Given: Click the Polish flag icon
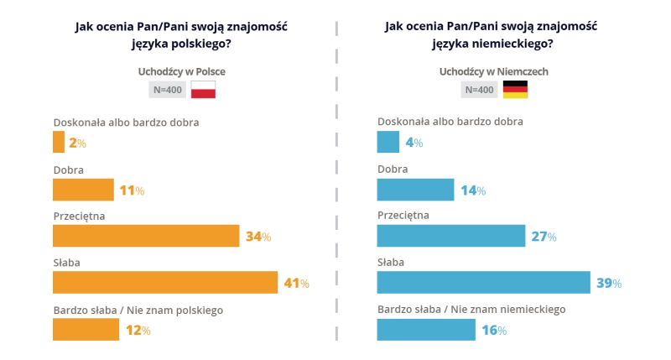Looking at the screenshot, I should pyautogui.click(x=204, y=90).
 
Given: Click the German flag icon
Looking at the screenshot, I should pyautogui.click(x=515, y=90).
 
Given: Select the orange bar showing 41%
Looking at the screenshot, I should pyautogui.click(x=164, y=283).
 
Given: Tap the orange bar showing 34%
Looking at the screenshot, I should pyautogui.click(x=146, y=236).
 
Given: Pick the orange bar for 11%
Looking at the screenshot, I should pyautogui.click(x=83, y=190).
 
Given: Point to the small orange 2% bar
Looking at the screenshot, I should pyautogui.click(x=59, y=143).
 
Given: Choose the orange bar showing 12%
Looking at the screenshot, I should pyautogui.click(x=86, y=330).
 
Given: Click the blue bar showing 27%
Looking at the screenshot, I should pyautogui.click(x=451, y=236).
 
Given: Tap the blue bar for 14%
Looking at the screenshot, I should pyautogui.click(x=415, y=190).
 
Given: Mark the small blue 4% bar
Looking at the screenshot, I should pyautogui.click(x=388, y=143).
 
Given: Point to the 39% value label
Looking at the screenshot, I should pyautogui.click(x=609, y=284).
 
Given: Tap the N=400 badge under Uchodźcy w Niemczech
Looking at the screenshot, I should pyautogui.click(x=478, y=90).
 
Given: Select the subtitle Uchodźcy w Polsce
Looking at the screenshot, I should pyautogui.click(x=181, y=71).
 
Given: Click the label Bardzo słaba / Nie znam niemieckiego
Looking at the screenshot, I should pyautogui.click(x=471, y=309).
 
